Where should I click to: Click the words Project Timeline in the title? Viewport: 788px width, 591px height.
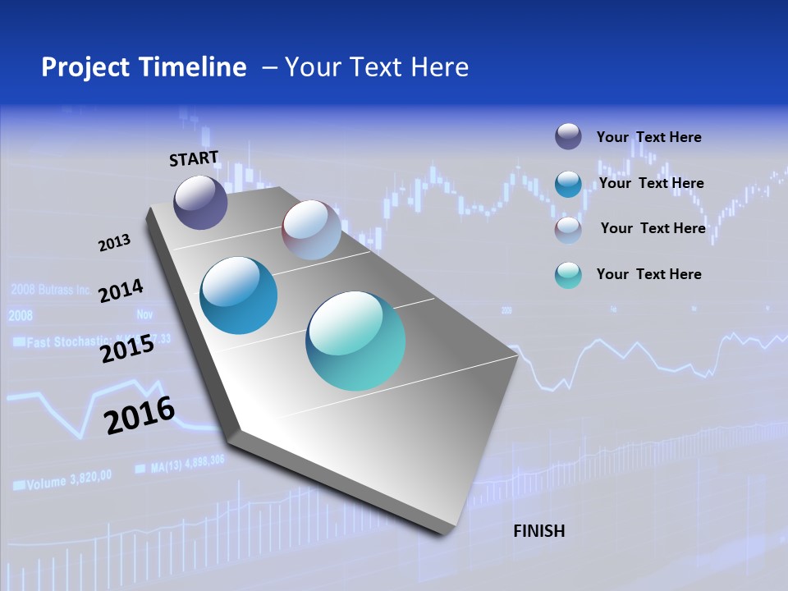pyautogui.click(x=144, y=67)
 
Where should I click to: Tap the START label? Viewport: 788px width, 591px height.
pyautogui.click(x=194, y=158)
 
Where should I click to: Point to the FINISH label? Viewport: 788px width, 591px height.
pyautogui.click(x=538, y=531)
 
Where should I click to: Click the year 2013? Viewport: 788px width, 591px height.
pyautogui.click(x=114, y=243)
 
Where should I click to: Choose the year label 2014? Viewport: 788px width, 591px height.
pyautogui.click(x=121, y=291)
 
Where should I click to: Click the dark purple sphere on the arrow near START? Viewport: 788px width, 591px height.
pyautogui.click(x=200, y=202)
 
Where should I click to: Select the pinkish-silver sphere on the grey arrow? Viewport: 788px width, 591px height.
pyautogui.click(x=311, y=230)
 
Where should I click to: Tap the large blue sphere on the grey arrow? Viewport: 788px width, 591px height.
pyautogui.click(x=239, y=295)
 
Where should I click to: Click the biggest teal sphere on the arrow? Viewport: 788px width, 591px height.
pyautogui.click(x=355, y=341)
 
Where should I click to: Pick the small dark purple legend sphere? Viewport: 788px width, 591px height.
pyautogui.click(x=568, y=136)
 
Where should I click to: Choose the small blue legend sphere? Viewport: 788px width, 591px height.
pyautogui.click(x=568, y=184)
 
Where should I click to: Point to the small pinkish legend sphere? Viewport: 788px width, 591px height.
pyautogui.click(x=568, y=230)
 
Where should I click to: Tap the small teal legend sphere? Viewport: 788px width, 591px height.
pyautogui.click(x=568, y=275)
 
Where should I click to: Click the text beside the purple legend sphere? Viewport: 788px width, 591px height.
pyautogui.click(x=648, y=137)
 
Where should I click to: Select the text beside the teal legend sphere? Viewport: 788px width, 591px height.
pyautogui.click(x=648, y=274)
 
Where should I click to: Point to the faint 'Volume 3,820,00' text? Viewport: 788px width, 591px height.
pyautogui.click(x=70, y=482)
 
